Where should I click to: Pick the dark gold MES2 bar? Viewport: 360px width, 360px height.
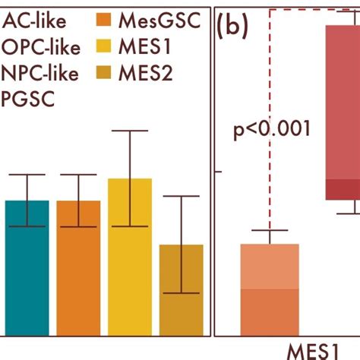click(x=182, y=289)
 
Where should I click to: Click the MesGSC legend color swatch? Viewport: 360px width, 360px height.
click(x=107, y=21)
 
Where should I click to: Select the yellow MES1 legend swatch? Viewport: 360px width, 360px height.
click(x=107, y=46)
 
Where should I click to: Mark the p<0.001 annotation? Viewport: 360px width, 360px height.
click(x=271, y=128)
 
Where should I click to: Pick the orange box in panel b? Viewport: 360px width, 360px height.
click(x=270, y=289)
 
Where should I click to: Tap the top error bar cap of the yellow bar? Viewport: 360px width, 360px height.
click(x=130, y=131)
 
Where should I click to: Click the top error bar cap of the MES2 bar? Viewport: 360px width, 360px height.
click(x=182, y=196)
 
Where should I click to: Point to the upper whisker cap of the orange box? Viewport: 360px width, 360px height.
click(x=270, y=230)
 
